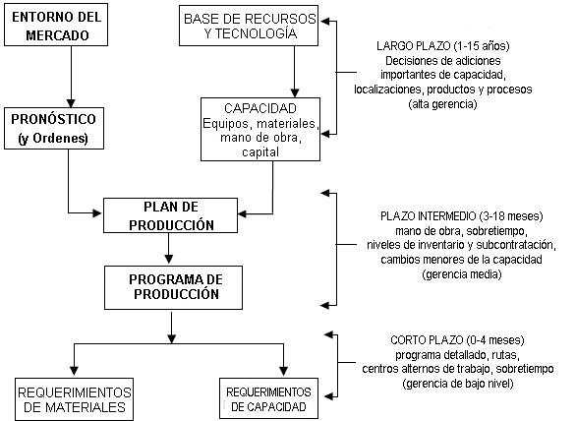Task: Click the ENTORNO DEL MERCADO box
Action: point(56,25)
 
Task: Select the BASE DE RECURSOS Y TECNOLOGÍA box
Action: point(249,26)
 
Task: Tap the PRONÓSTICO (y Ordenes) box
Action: point(54,128)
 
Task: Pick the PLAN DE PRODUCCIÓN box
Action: point(170,215)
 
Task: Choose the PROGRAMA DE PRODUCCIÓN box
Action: point(173,287)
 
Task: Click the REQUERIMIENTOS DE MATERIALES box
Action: point(74,399)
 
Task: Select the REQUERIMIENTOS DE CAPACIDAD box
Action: point(269,398)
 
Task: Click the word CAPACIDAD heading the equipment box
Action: point(260,108)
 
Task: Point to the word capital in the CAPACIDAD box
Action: point(260,151)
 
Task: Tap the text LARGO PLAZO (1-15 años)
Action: point(443,46)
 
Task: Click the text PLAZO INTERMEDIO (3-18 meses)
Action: point(461,215)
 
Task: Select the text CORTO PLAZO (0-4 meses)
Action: point(457,340)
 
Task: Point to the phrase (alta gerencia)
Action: point(442,104)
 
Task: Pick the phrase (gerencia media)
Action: point(462,274)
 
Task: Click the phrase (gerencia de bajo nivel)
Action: point(458,384)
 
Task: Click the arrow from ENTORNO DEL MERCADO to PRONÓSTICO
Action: point(71,77)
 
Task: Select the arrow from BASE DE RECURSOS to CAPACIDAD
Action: point(294,72)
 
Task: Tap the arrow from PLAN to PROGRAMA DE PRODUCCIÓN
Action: point(169,248)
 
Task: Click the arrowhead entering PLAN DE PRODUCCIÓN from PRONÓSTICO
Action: point(97,212)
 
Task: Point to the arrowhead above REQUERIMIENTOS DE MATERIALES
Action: point(74,371)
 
